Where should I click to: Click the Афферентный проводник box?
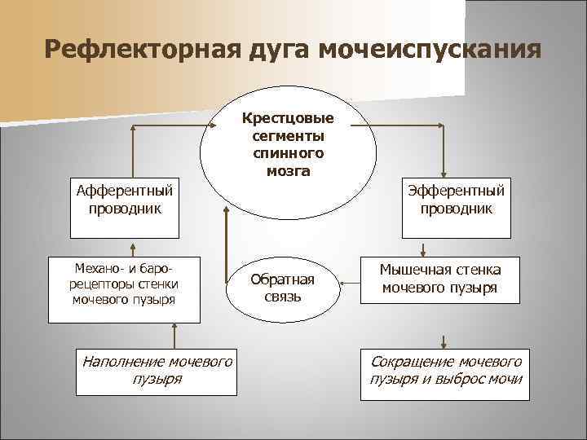[x=125, y=199]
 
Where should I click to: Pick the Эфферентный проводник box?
[x=457, y=199]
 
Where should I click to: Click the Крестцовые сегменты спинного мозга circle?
[x=289, y=143]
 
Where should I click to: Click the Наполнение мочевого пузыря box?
[x=157, y=370]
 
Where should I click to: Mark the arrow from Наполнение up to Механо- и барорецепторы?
[x=173, y=335]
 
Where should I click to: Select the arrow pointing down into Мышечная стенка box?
[x=424, y=249]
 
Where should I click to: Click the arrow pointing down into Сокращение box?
[x=444, y=341]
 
